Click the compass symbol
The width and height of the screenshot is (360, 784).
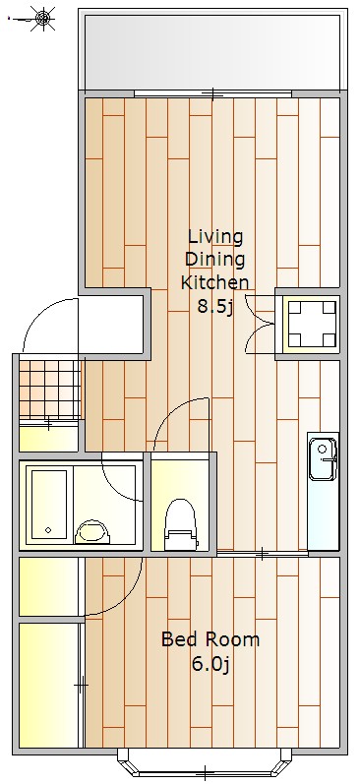pos(43,19)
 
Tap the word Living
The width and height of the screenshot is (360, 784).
pos(215,236)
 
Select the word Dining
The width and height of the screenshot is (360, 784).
pos(215,260)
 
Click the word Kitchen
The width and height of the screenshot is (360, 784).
pos(214,282)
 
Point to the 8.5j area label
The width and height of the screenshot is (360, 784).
pos(215,306)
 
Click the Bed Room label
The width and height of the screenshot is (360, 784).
pos(210,639)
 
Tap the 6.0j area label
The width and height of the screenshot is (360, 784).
pos(210,664)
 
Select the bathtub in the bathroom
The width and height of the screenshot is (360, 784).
pos(49,504)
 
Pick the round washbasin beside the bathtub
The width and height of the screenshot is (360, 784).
pos(92,532)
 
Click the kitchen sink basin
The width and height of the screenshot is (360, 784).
pos(323,459)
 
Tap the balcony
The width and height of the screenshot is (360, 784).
pos(213,50)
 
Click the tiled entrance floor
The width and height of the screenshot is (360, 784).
pos(49,390)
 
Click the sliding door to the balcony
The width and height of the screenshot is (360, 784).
pos(213,93)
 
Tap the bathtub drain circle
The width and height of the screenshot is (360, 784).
pos(48,530)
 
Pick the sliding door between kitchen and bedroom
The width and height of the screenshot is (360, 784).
pos(263,554)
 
